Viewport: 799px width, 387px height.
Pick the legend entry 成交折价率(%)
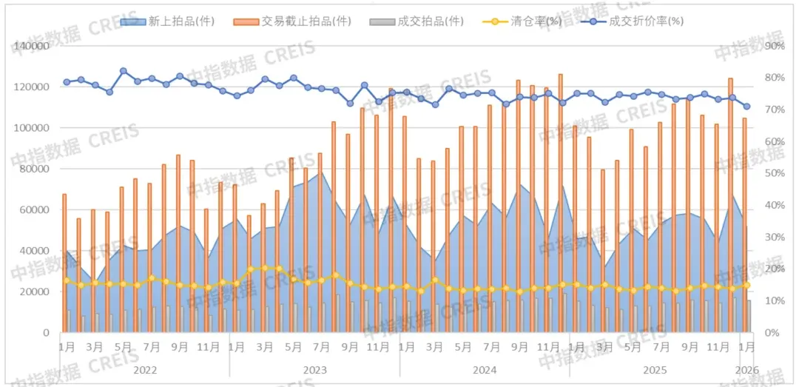[636, 21]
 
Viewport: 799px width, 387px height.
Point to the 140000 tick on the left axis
[31, 46]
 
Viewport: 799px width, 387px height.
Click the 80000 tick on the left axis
[34, 169]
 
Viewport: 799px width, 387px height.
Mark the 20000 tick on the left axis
[34, 292]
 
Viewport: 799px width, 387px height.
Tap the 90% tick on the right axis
[774, 46]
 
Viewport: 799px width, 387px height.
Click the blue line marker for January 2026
[746, 107]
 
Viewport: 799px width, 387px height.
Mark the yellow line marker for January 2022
[67, 280]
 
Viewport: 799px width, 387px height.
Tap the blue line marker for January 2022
[67, 82]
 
